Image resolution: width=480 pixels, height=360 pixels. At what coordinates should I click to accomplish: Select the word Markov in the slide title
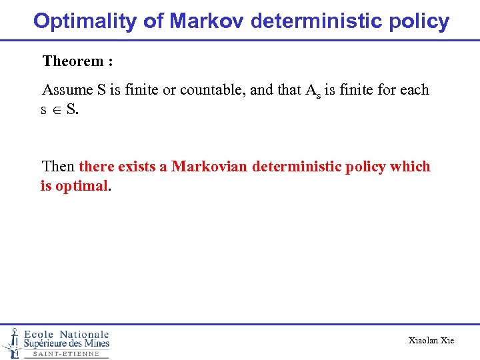tap(207, 21)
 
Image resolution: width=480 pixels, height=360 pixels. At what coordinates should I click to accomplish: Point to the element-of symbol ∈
tap(57, 109)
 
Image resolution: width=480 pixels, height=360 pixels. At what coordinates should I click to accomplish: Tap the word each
tap(415, 90)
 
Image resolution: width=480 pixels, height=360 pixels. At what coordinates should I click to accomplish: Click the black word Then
tap(59, 166)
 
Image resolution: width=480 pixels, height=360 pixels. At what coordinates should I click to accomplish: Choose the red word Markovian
tap(209, 166)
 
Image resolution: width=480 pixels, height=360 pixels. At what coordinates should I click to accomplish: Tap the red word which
tap(411, 166)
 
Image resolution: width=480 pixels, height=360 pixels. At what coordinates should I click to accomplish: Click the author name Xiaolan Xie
tap(431, 341)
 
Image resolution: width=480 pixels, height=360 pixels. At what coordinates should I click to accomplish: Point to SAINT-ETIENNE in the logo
tap(66, 354)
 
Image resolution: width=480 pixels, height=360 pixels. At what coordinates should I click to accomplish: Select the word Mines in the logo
tap(93, 344)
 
